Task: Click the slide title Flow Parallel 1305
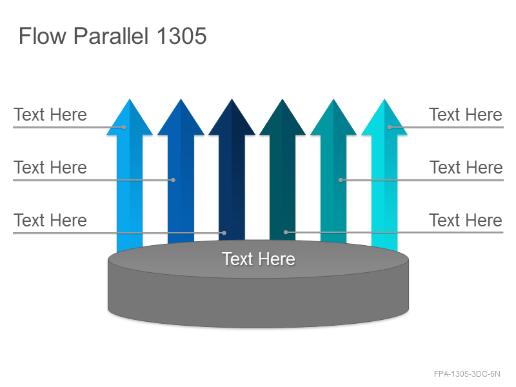[112, 36]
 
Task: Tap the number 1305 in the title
[182, 36]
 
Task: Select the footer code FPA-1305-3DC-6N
[467, 374]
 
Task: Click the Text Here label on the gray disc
[259, 259]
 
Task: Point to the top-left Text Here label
[50, 115]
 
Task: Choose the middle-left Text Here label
[50, 167]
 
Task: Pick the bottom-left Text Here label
[50, 220]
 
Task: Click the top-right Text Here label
[466, 115]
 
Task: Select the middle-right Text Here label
[466, 167]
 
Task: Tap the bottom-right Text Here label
[466, 220]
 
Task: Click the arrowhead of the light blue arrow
[130, 119]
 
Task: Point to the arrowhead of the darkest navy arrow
[232, 119]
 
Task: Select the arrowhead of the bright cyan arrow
[384, 119]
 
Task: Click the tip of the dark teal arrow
[283, 99]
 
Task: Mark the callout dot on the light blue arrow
[124, 127]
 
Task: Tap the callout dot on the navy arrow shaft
[224, 233]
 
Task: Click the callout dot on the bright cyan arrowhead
[390, 127]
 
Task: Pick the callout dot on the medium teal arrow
[341, 180]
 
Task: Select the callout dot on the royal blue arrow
[173, 180]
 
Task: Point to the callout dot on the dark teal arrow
[286, 232]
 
